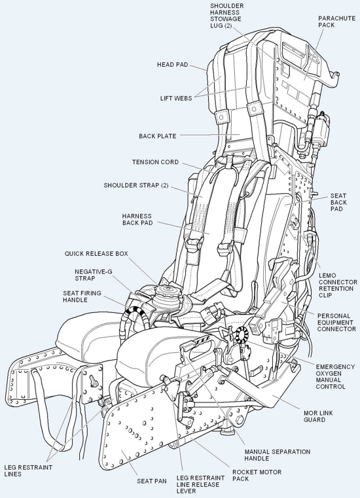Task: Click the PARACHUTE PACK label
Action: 337,22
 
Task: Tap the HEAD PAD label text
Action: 173,65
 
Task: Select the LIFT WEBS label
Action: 176,98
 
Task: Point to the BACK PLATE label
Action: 157,136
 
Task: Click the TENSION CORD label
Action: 155,162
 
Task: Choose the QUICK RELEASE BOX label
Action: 96,254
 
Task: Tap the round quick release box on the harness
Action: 166,297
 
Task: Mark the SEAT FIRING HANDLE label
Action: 82,296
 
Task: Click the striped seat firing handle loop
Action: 134,315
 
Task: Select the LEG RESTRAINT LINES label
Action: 28,471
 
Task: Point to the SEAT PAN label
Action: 152,481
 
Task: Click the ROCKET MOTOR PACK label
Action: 257,476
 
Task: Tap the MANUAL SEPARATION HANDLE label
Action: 278,455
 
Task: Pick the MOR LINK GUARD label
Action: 318,416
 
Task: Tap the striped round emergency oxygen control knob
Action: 242,334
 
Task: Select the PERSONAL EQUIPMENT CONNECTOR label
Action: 336,323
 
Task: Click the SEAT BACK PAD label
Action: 338,202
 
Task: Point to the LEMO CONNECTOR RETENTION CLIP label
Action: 338,285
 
